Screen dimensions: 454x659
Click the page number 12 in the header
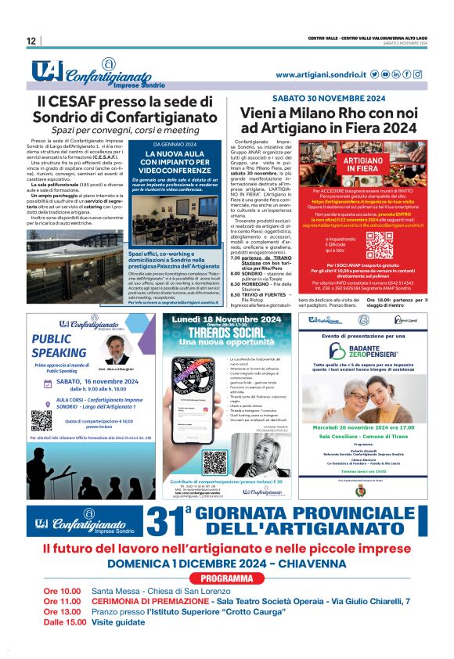[x=31, y=41]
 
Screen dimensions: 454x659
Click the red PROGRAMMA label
[x=226, y=578]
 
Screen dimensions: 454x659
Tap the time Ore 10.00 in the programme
[x=63, y=591]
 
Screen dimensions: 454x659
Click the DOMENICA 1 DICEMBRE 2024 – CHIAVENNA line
[x=226, y=564]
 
